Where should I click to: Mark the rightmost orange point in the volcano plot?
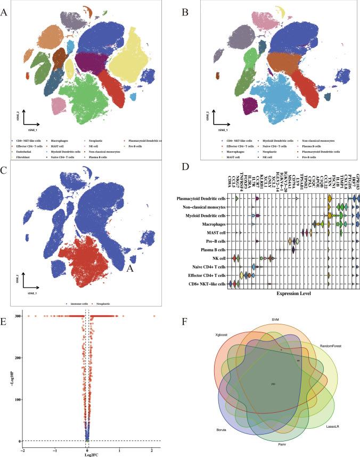click(x=154, y=317)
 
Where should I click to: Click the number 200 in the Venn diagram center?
click(x=273, y=383)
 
